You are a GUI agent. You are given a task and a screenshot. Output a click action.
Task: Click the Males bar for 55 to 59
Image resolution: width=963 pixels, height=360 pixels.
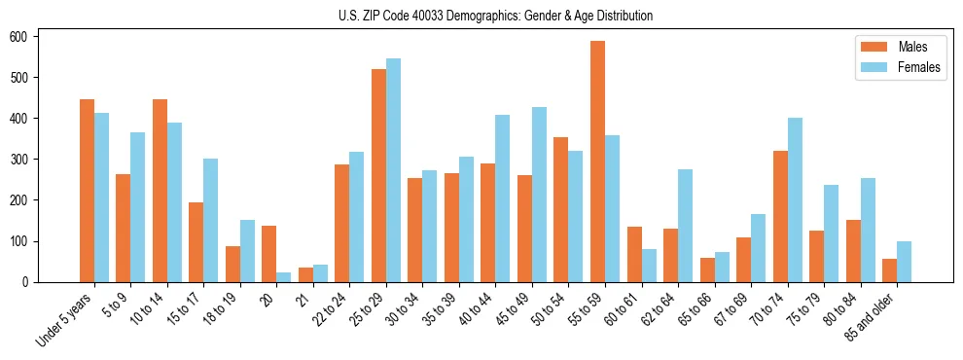[x=597, y=162]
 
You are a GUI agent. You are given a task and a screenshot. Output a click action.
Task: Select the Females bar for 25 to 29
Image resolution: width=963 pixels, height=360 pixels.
[x=393, y=170]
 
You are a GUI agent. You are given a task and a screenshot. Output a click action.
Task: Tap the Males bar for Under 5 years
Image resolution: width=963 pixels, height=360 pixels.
[x=87, y=191]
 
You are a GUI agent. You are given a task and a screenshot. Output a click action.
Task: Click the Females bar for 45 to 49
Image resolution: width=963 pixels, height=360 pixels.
[x=539, y=195]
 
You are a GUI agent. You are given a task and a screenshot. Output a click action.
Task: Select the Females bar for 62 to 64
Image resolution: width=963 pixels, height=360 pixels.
[x=685, y=226]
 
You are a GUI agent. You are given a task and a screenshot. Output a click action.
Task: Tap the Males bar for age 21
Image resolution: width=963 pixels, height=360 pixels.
[x=305, y=274]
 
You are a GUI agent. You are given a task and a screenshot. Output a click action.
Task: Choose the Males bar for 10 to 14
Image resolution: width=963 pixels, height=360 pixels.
[x=160, y=191]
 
